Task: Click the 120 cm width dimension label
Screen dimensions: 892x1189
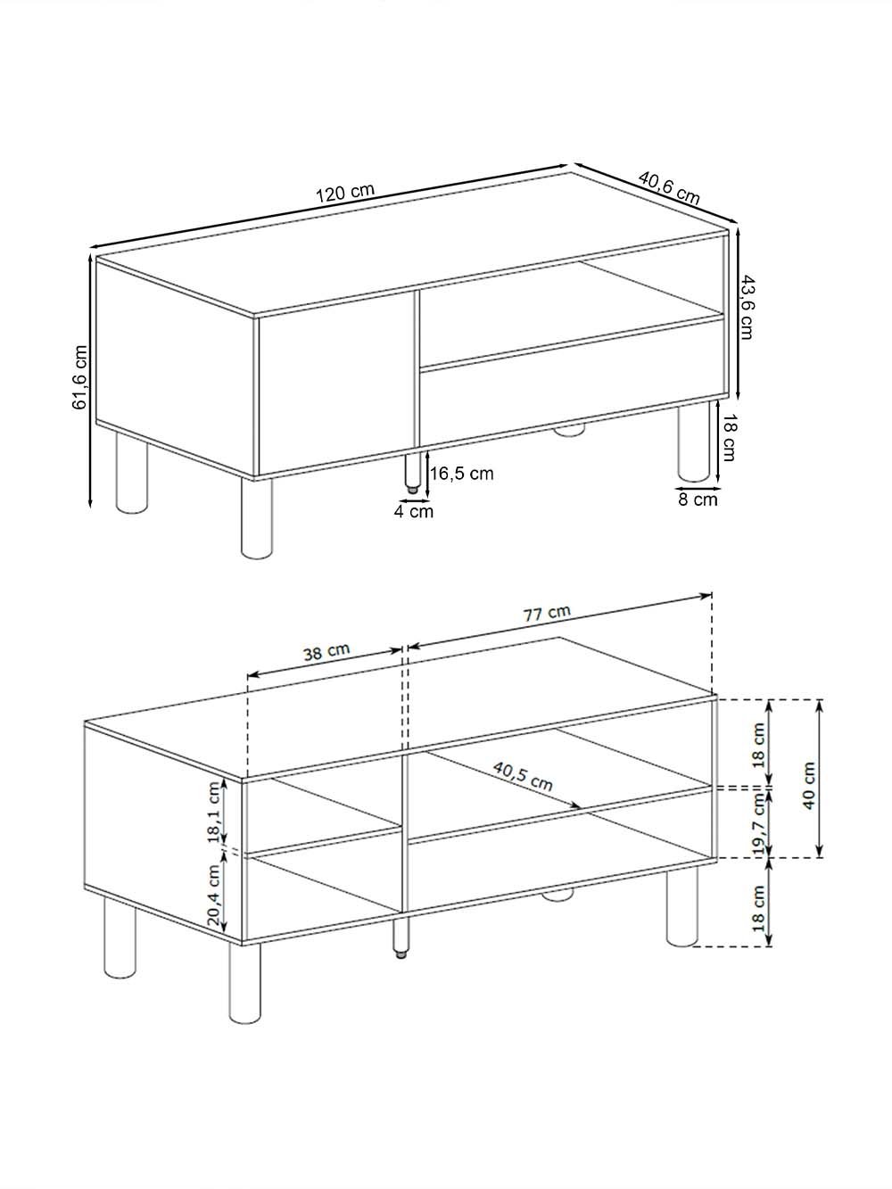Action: pyautogui.click(x=345, y=193)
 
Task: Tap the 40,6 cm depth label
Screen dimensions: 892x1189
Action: pyautogui.click(x=669, y=187)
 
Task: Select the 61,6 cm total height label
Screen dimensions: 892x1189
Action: pyautogui.click(x=80, y=376)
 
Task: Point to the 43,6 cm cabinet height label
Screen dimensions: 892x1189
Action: pyautogui.click(x=747, y=307)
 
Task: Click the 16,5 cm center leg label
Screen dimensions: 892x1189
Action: pyautogui.click(x=462, y=474)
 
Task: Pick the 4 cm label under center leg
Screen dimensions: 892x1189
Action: pyautogui.click(x=414, y=511)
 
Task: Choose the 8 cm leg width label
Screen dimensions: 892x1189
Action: pyautogui.click(x=698, y=499)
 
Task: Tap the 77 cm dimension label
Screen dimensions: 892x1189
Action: pyautogui.click(x=547, y=613)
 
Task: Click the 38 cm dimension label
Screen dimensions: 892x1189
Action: pyautogui.click(x=326, y=652)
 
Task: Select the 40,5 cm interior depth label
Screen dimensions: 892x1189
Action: pyautogui.click(x=523, y=776)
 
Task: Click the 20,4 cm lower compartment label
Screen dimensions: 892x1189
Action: pyautogui.click(x=213, y=895)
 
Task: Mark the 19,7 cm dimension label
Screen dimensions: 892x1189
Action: pyautogui.click(x=760, y=823)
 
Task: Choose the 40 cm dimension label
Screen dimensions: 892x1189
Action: pyautogui.click(x=809, y=786)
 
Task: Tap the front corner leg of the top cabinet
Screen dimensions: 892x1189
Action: pyautogui.click(x=257, y=518)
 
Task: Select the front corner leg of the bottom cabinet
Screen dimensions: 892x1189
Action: pyautogui.click(x=244, y=983)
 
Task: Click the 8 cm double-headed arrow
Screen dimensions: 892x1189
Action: pyautogui.click(x=698, y=488)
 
